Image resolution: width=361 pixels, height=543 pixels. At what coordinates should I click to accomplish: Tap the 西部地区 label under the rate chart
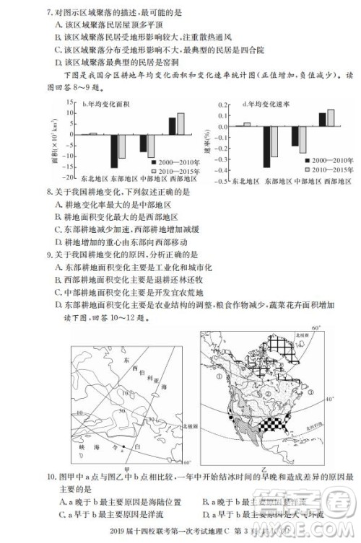(x=330, y=179)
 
